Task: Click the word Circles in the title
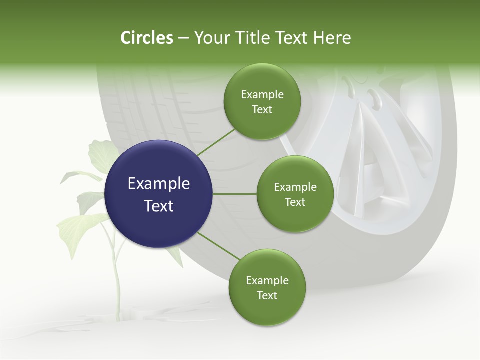coord(146,38)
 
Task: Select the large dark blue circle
coord(159,194)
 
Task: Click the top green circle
coord(262,102)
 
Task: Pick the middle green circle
coord(295,194)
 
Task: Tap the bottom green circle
coord(267,288)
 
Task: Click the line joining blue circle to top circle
coord(216,142)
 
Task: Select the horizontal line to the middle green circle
coord(235,194)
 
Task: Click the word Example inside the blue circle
coord(159,184)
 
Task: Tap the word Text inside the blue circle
coord(159,206)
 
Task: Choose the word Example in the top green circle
coord(262,95)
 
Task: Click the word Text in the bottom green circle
coord(267,296)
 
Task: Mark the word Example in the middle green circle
coord(295,187)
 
